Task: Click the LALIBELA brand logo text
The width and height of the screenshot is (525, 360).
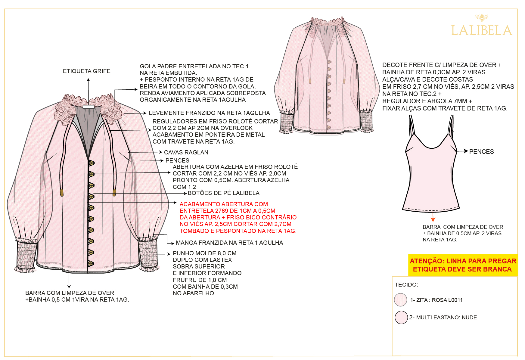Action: tap(481, 30)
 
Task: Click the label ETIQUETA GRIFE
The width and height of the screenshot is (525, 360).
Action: tap(87, 71)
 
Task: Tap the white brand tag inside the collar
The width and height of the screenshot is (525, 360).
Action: tap(89, 107)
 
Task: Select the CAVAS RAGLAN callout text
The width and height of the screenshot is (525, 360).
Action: tap(186, 153)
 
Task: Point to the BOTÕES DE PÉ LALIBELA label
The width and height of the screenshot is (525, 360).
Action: tap(224, 193)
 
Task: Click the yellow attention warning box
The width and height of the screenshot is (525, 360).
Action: tap(463, 265)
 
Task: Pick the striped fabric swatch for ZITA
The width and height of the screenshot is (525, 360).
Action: tap(401, 300)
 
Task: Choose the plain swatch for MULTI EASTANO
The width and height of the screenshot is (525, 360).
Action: tap(401, 318)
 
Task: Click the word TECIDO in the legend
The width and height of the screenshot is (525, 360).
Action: tap(406, 285)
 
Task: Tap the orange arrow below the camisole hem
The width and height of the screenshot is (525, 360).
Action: tap(433, 217)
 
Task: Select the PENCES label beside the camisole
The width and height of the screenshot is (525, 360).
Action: tap(481, 152)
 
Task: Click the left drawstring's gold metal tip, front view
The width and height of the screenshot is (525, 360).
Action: tap(62, 193)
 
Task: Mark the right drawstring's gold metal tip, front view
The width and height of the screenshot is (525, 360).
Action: tap(114, 192)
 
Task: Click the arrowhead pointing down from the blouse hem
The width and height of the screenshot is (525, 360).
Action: tap(69, 287)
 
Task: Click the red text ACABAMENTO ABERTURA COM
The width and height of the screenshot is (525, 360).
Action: tap(224, 204)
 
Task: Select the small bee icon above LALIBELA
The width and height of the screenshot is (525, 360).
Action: tap(482, 18)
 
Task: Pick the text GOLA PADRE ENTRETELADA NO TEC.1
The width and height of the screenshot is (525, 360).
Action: tap(194, 67)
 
